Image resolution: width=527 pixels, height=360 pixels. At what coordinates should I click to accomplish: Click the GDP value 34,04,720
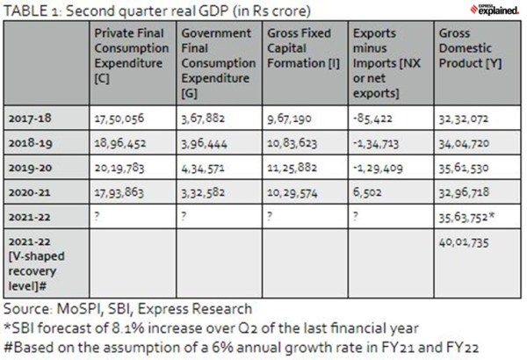tap(466, 140)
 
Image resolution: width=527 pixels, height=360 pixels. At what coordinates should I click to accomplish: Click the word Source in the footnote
tap(24, 308)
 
